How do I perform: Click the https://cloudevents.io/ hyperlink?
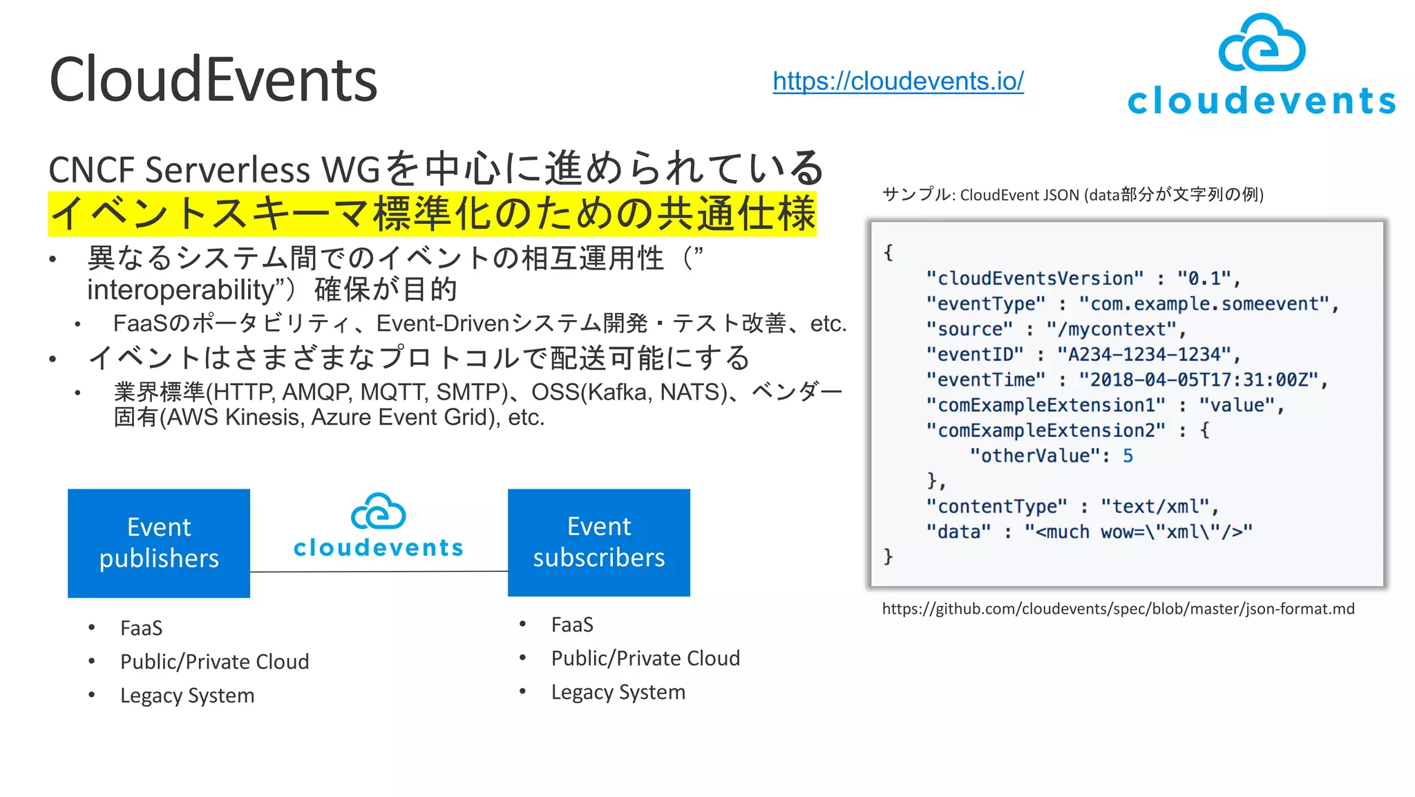click(898, 82)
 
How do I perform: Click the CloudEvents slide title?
click(213, 80)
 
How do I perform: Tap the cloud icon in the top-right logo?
click(1262, 44)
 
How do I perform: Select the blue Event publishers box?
click(159, 543)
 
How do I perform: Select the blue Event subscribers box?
click(598, 542)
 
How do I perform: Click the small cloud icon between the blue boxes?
click(378, 512)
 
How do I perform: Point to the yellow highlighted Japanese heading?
click(433, 214)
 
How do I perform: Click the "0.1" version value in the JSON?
click(1204, 279)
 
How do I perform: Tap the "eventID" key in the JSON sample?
click(974, 355)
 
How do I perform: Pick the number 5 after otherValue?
click(1128, 456)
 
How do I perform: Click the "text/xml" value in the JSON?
click(1155, 507)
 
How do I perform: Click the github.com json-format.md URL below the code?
click(1118, 609)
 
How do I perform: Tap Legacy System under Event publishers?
click(187, 695)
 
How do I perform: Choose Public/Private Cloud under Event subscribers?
click(645, 658)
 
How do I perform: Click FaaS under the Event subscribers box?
click(572, 625)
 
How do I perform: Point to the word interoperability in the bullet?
click(181, 290)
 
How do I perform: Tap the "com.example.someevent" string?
click(1204, 304)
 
